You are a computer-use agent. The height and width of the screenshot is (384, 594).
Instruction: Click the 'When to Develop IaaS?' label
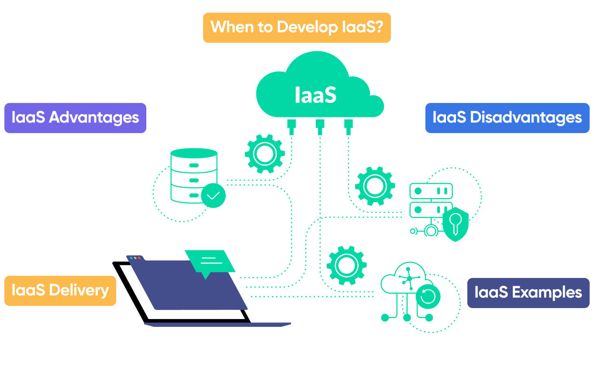(297, 27)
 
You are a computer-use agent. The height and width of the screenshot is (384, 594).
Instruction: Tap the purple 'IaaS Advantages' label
(75, 118)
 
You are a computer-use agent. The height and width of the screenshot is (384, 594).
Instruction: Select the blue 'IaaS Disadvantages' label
(507, 118)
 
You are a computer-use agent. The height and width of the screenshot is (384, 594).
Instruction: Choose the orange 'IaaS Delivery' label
(60, 290)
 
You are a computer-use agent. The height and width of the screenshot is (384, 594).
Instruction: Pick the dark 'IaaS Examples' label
(528, 293)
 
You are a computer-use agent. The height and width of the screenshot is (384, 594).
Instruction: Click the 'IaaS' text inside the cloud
(315, 95)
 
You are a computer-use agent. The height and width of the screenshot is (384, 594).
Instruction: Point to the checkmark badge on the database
(213, 195)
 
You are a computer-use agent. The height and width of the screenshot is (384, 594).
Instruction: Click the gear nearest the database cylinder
(265, 153)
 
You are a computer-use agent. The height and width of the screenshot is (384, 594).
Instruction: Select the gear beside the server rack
(375, 186)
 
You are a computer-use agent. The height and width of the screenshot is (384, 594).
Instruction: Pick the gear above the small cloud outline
(346, 266)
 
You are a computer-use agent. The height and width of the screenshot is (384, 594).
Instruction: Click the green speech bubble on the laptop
(209, 261)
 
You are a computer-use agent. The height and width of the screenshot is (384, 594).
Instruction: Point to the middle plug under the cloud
(320, 126)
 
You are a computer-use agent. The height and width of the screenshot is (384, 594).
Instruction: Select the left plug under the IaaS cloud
(291, 126)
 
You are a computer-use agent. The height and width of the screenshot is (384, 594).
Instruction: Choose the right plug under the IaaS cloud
(348, 126)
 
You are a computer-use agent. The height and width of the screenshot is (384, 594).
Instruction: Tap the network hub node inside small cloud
(409, 278)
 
